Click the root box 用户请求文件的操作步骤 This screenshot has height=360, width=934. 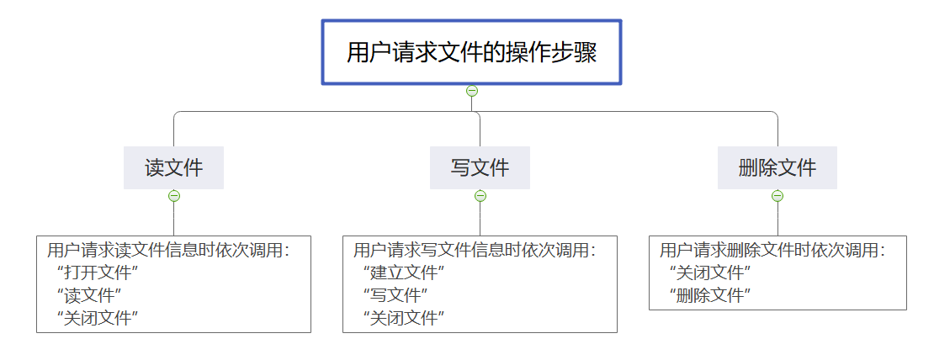471,52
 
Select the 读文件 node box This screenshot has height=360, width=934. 173,167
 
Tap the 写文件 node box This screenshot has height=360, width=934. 480,167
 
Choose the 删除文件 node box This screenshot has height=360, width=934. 777,167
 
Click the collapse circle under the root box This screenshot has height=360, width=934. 472,91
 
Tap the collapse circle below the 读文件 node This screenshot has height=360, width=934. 174,196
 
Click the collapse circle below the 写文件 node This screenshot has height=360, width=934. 480,196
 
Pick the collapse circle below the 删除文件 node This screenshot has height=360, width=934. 777,196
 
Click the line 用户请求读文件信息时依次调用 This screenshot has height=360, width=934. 168,250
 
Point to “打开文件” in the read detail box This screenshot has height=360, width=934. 97,273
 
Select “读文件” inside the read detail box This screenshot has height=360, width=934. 89,295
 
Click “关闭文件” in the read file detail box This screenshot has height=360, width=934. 97,317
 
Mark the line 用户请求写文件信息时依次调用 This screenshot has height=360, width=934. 475,250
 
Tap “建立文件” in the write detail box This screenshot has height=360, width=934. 403,273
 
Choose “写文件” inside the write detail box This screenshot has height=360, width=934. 395,295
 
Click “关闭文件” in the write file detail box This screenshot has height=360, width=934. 403,317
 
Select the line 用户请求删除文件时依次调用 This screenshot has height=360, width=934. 772,250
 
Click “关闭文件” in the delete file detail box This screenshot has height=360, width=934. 709,273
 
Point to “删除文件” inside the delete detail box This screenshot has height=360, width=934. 709,295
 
